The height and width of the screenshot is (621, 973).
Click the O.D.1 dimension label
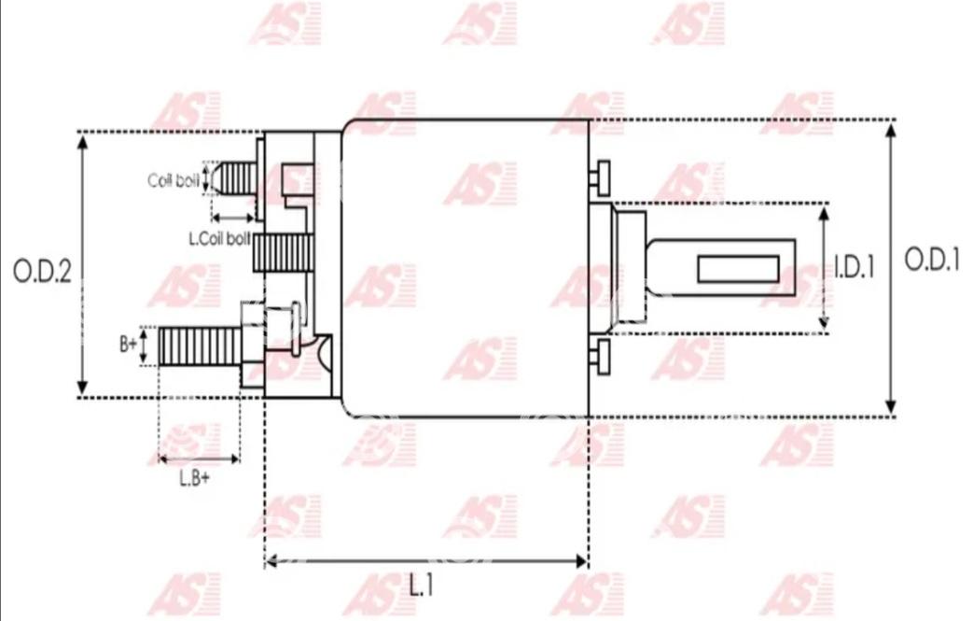coord(932,259)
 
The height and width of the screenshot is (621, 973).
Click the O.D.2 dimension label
coord(42,272)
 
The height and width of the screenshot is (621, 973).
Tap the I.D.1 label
coord(854,267)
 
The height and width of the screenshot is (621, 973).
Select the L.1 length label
coord(421,585)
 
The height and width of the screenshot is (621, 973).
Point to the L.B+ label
coord(194,478)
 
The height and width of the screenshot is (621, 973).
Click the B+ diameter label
coord(128,344)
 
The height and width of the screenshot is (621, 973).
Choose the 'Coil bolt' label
coord(174,180)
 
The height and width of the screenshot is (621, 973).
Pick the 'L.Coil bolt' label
coord(219,238)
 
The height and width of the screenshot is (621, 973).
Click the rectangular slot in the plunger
coord(739,268)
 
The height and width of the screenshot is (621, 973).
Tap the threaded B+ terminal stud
coord(200,346)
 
